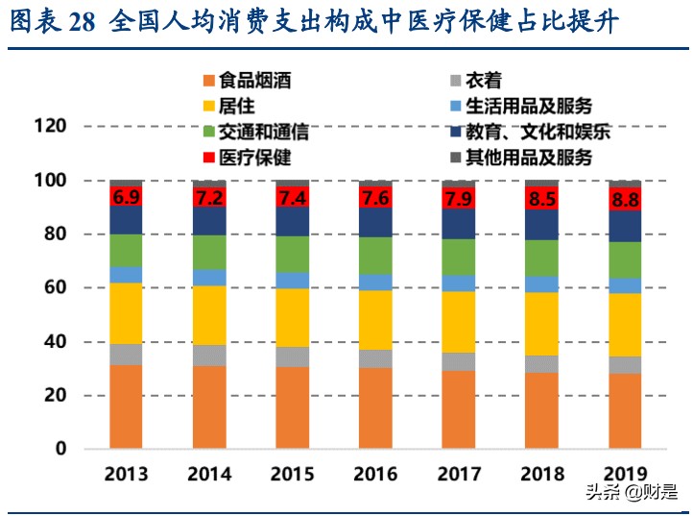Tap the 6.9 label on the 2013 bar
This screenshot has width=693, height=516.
pyautogui.click(x=126, y=198)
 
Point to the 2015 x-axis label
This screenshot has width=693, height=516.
pyautogui.click(x=292, y=474)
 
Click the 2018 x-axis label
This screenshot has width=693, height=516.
pyautogui.click(x=541, y=474)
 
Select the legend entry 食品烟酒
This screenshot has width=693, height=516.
pyautogui.click(x=254, y=81)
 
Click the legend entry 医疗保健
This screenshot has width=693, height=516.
pyautogui.click(x=254, y=158)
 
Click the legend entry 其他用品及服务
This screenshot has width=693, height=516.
pyautogui.click(x=528, y=158)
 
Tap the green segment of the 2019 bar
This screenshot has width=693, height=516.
pyautogui.click(x=624, y=259)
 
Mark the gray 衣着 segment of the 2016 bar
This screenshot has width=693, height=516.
pyautogui.click(x=375, y=358)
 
